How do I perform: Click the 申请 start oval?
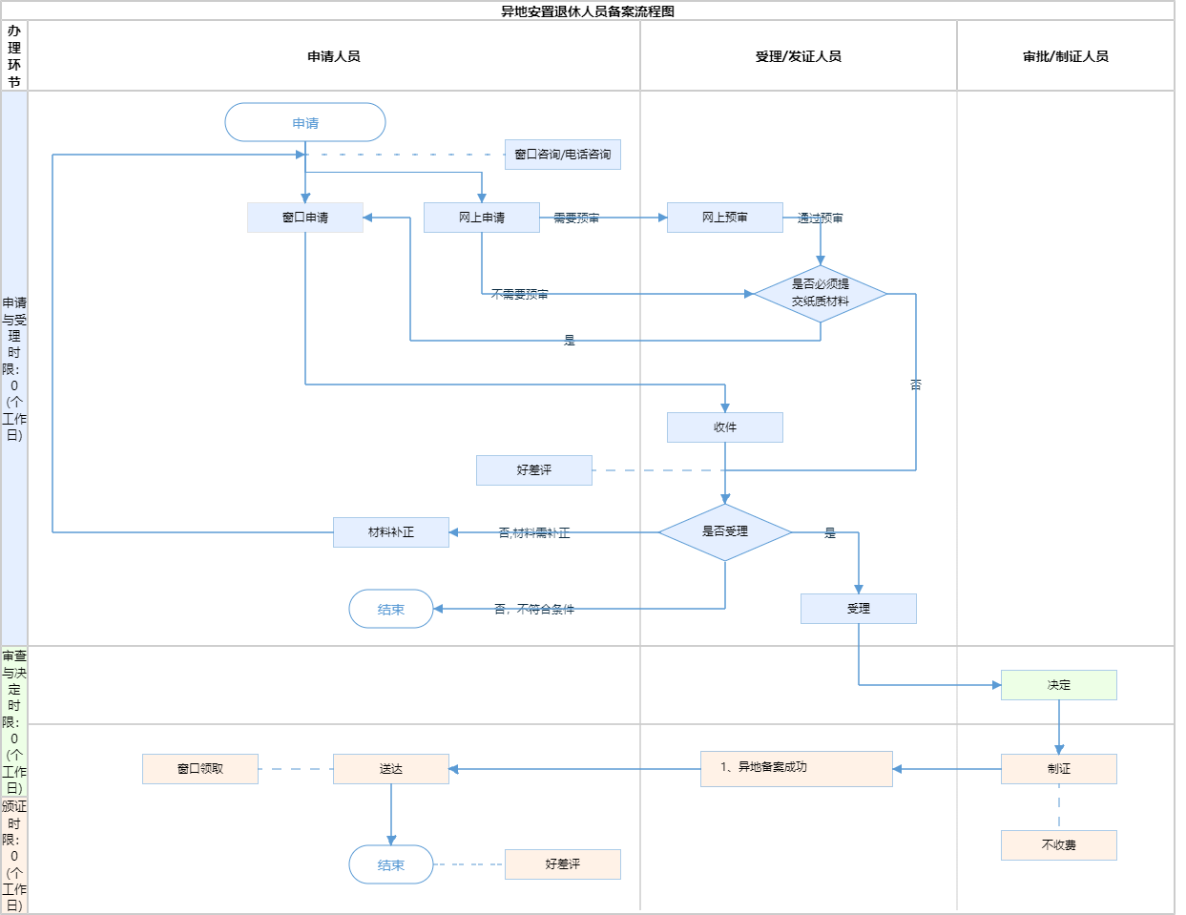pos(305,123)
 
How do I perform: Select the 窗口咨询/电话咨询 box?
pos(563,155)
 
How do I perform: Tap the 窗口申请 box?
pos(305,218)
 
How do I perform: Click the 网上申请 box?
pos(482,218)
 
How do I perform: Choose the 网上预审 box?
pos(725,218)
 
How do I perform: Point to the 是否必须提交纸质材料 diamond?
pos(821,293)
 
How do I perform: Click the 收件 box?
pos(725,427)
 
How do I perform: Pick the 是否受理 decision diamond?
pos(725,531)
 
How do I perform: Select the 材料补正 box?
pos(391,532)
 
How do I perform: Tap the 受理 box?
pos(859,609)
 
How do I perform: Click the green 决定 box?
pos(1059,685)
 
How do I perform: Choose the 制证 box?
pos(1059,769)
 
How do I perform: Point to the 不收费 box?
pos(1059,845)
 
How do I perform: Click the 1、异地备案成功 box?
pos(797,768)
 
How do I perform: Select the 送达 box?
pos(391,769)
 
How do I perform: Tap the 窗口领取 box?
pos(200,769)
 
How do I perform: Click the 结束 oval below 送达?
pos(391,864)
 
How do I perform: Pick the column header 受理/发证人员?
pos(799,56)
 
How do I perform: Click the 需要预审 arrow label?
pos(576,218)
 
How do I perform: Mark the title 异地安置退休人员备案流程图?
pos(588,11)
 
